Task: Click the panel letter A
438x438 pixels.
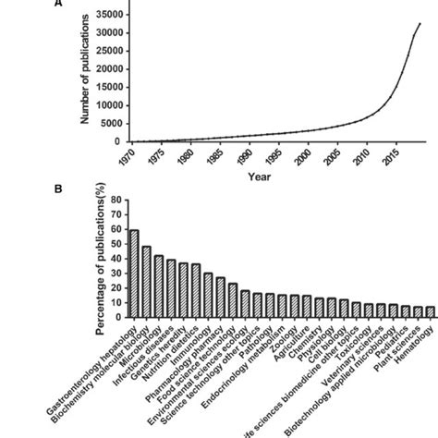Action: [x=58, y=3]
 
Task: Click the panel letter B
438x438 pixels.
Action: [x=58, y=189]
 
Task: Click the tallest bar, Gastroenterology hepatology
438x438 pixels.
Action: [x=134, y=274]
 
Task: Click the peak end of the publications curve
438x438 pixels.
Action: [x=420, y=23]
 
